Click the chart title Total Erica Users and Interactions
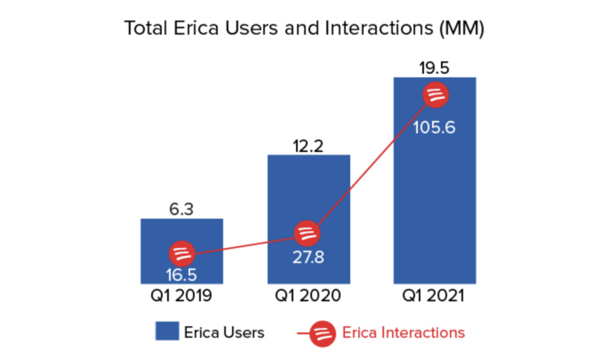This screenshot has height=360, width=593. [304, 29]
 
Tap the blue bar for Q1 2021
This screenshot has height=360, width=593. [434, 182]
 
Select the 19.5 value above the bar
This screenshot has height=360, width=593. [434, 68]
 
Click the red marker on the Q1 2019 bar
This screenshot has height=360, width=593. [182, 253]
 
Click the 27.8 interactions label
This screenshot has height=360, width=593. [309, 257]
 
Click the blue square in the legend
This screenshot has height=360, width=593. [167, 332]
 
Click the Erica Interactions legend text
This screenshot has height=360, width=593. [404, 333]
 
